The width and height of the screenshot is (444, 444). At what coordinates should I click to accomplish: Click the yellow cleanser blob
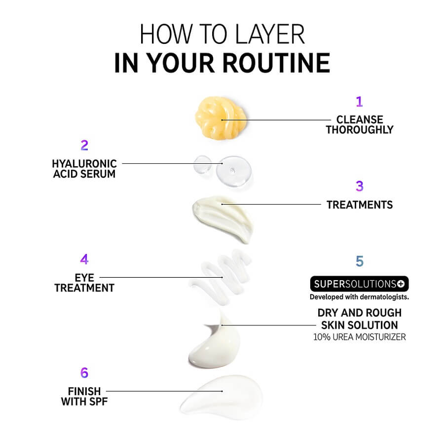click(221, 118)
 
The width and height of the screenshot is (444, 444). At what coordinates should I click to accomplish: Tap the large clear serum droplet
click(234, 171)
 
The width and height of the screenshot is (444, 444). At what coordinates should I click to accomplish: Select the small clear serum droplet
click(202, 164)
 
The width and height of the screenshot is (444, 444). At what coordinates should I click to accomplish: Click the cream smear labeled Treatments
click(222, 218)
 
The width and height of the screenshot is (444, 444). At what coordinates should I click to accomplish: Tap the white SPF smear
click(222, 396)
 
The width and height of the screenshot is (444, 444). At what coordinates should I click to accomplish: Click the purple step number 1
click(359, 101)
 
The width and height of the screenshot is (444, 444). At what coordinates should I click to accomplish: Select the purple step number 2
click(84, 145)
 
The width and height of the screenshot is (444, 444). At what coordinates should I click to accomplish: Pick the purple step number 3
click(360, 186)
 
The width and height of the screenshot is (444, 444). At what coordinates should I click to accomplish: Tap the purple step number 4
click(84, 259)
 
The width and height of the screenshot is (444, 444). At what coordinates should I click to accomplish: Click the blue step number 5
click(360, 261)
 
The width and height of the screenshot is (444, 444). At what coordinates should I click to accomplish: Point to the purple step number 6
click(84, 372)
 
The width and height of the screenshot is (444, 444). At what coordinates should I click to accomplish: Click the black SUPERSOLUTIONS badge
click(359, 284)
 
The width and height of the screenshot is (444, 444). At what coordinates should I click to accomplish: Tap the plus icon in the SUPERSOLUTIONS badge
click(401, 284)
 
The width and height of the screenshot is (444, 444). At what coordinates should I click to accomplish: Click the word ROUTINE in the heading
click(276, 63)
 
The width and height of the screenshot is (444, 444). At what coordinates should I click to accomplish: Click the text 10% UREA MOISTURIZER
click(359, 337)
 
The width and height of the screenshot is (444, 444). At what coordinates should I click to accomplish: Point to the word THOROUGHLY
click(360, 130)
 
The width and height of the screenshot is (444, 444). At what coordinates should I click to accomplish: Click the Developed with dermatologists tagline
click(359, 297)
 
